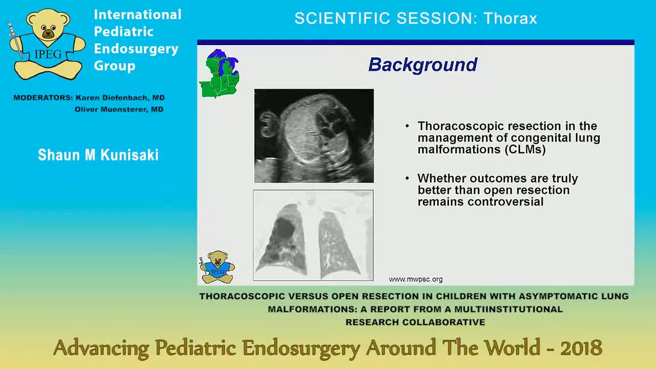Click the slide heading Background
tap(423, 65)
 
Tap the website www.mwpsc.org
tap(416, 279)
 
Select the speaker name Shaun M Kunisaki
tap(98, 155)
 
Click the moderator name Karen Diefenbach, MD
tap(120, 97)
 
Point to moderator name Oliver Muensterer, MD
tap(119, 109)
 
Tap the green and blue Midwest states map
tap(219, 74)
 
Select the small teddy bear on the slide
tap(217, 267)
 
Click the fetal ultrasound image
tap(314, 136)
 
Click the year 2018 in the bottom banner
tap(581, 348)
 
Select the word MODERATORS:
tap(43, 97)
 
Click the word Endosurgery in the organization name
tap(136, 49)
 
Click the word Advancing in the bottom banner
tap(101, 348)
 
